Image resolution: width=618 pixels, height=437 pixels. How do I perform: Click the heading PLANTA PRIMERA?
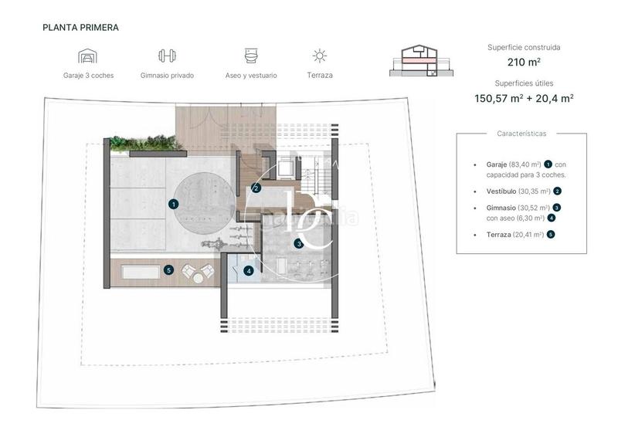pyautogui.click(x=81, y=27)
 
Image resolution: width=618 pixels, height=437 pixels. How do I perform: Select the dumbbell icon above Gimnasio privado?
pyautogui.click(x=167, y=56)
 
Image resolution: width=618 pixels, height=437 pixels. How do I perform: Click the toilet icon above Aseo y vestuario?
pyautogui.click(x=252, y=56)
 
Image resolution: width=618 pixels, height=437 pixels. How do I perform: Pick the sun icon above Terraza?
pyautogui.click(x=319, y=56)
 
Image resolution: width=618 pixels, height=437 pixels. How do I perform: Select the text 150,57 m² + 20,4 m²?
pyautogui.click(x=524, y=98)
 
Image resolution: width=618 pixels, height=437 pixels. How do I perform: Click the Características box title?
pyautogui.click(x=521, y=134)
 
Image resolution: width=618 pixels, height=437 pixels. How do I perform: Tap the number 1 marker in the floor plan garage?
pyautogui.click(x=174, y=205)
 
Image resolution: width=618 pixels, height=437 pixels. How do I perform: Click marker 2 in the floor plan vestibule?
pyautogui.click(x=256, y=188)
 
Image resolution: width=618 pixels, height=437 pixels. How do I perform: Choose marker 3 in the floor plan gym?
pyautogui.click(x=298, y=244)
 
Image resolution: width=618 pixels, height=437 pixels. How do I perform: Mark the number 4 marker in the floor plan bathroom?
pyautogui.click(x=248, y=271)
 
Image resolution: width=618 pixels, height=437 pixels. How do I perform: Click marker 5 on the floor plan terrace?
pyautogui.click(x=168, y=270)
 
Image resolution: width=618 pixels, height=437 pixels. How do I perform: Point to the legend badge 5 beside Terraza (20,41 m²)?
pyautogui.click(x=550, y=234)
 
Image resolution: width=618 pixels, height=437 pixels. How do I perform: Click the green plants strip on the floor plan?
pyautogui.click(x=144, y=144)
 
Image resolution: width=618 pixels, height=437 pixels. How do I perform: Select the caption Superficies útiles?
pyautogui.click(x=524, y=83)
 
